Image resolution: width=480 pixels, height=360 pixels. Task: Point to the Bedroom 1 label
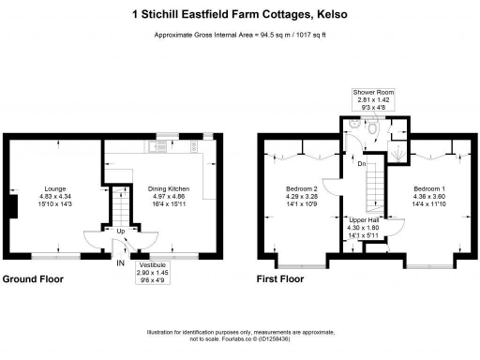tap(429, 188)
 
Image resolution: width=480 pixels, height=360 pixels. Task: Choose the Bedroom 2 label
tap(301, 188)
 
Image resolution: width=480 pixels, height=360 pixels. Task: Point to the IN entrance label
tap(120, 263)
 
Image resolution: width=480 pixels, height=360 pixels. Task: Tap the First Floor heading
tap(280, 279)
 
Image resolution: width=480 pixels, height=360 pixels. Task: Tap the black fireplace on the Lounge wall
tap(10, 205)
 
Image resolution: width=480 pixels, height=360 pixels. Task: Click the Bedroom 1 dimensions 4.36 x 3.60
tap(429, 196)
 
